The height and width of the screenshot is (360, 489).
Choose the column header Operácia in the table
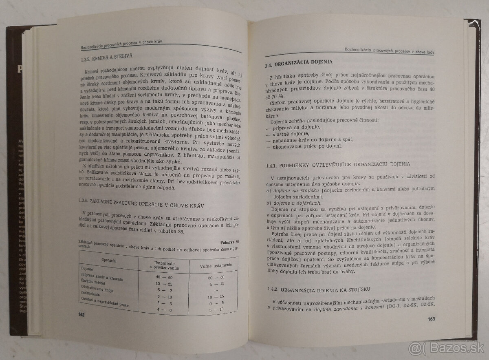click(x=107, y=260)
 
